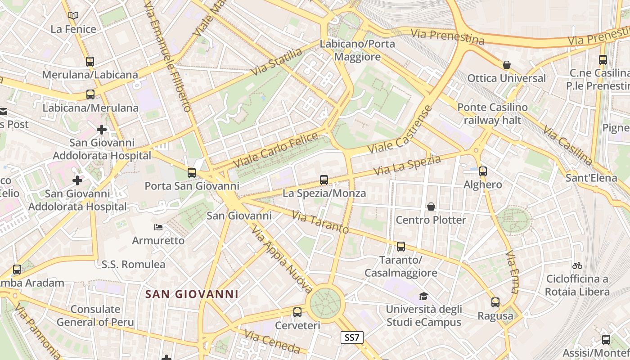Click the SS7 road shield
coord(352,337)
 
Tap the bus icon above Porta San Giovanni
coord(192,172)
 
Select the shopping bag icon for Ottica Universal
coord(507,65)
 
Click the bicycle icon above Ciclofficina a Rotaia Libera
coord(577,265)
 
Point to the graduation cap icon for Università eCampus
coord(423,296)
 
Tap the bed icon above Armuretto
coord(158,227)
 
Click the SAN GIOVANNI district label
coord(192,294)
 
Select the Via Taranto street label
coord(320,222)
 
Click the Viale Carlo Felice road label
coord(275,149)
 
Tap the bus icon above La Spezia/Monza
coord(324,180)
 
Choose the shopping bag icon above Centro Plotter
coord(431,207)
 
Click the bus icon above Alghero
coord(483,171)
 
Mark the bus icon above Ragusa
coord(495,302)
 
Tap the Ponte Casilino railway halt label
coord(492,114)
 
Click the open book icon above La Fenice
coord(73,15)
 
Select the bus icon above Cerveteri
coord(297,312)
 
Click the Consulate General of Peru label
coord(95,315)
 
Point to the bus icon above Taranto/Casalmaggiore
coord(401,247)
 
